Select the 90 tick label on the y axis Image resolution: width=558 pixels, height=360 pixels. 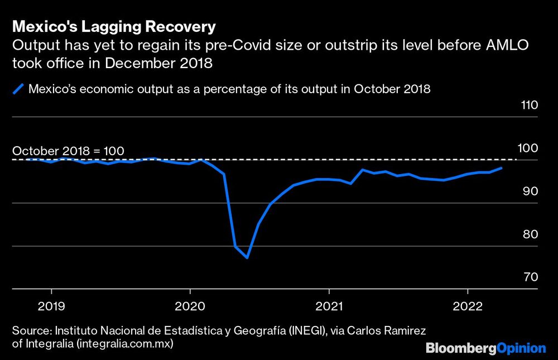(x=530, y=191)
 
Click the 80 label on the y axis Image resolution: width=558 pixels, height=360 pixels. (x=530, y=234)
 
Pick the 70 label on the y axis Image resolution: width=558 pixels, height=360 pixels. (x=530, y=277)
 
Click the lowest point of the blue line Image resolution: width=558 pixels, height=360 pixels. (x=247, y=258)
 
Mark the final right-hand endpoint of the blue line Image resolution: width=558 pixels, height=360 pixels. (x=502, y=167)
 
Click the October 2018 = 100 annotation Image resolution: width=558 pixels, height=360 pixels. (x=68, y=151)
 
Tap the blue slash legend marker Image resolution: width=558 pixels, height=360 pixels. (x=18, y=89)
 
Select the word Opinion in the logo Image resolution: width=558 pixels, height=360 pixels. (x=521, y=348)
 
